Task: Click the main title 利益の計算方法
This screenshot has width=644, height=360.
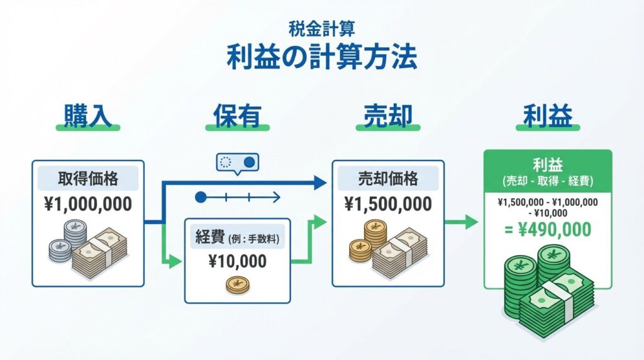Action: (321, 58)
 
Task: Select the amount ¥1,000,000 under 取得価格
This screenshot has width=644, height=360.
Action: (88, 205)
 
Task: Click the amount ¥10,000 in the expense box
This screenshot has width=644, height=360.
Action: (237, 261)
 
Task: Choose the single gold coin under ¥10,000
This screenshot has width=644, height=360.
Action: (238, 285)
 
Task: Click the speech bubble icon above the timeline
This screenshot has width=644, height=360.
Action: (235, 163)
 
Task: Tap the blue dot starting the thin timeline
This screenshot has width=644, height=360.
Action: (201, 197)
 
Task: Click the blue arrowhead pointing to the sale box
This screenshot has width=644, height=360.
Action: (320, 183)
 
